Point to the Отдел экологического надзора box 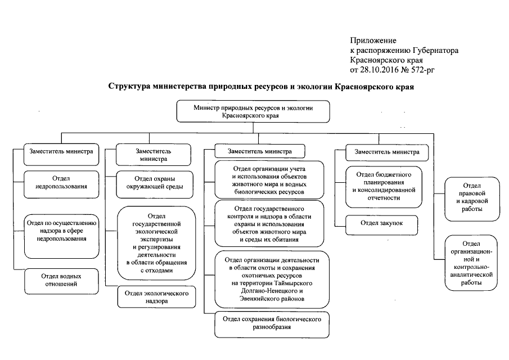[154, 297]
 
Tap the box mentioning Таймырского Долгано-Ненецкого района [272, 280]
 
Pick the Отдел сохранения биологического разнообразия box [272, 323]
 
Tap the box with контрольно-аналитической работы [471, 263]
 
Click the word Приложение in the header [373, 40]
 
